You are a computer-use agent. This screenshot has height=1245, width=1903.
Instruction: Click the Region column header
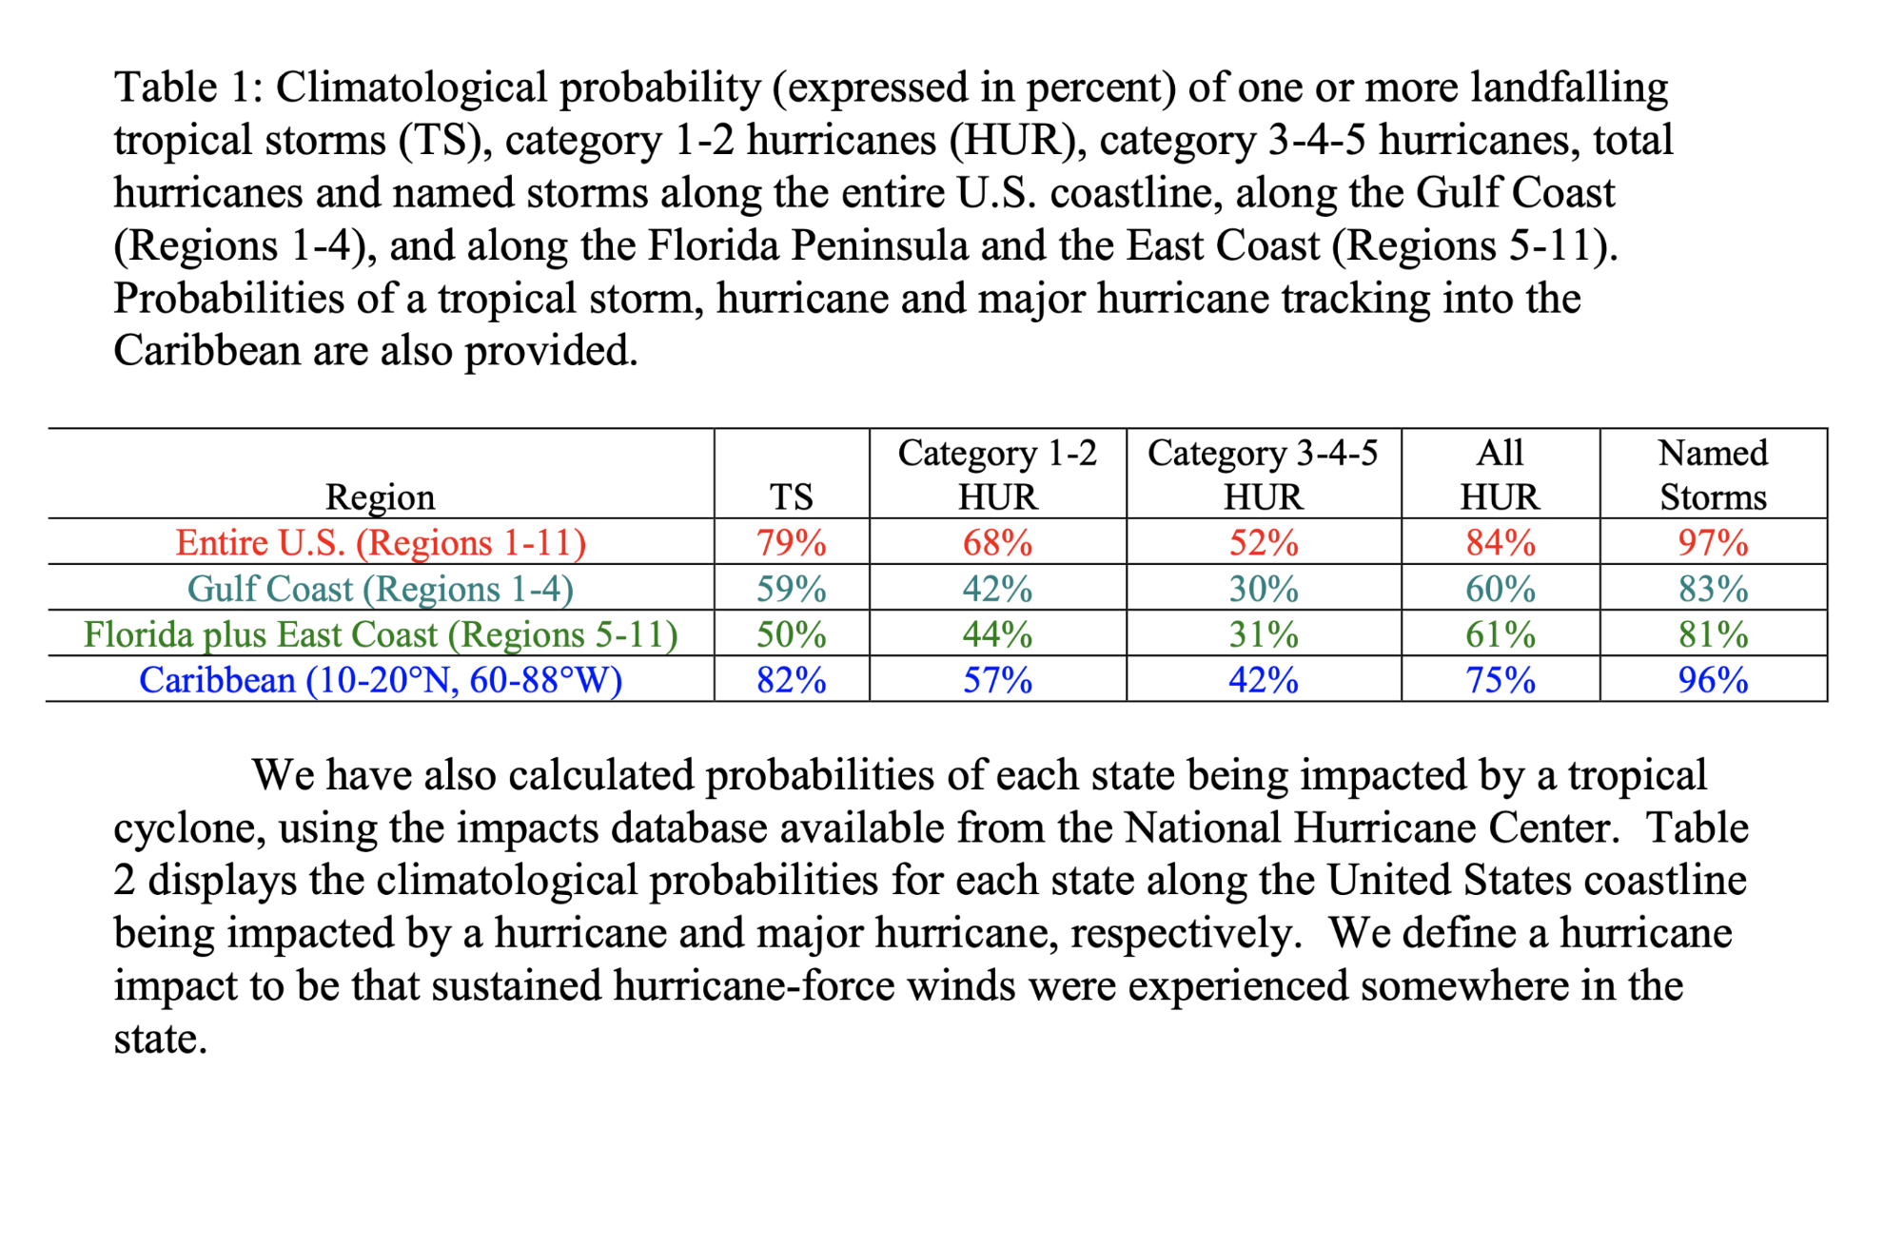point(380,496)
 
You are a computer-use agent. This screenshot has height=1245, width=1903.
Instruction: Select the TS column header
point(791,496)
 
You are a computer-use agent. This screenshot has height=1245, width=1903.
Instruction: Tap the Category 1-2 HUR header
point(997,475)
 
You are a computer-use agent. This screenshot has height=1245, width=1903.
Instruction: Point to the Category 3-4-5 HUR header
point(1263,475)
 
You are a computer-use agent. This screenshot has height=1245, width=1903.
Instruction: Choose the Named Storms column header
point(1713,475)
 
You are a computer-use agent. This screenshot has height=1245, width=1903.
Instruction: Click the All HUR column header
point(1500,475)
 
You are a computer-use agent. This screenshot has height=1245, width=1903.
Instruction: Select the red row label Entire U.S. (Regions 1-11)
point(381,542)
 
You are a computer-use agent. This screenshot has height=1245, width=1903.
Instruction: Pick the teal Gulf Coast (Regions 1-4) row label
point(381,589)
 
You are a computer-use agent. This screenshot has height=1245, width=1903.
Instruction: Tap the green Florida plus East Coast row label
point(381,634)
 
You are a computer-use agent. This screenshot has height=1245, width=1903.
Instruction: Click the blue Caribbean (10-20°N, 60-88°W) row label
point(381,680)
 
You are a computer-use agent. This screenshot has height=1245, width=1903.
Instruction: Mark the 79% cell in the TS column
point(791,542)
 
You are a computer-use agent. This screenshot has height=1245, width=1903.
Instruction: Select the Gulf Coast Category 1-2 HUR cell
point(997,589)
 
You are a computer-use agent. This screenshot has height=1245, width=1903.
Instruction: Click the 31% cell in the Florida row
point(1263,634)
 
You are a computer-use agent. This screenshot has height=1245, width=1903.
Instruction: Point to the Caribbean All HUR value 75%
point(1500,680)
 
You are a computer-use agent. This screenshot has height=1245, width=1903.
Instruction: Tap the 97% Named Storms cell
point(1713,542)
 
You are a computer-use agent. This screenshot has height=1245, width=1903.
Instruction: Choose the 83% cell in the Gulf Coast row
point(1713,589)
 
